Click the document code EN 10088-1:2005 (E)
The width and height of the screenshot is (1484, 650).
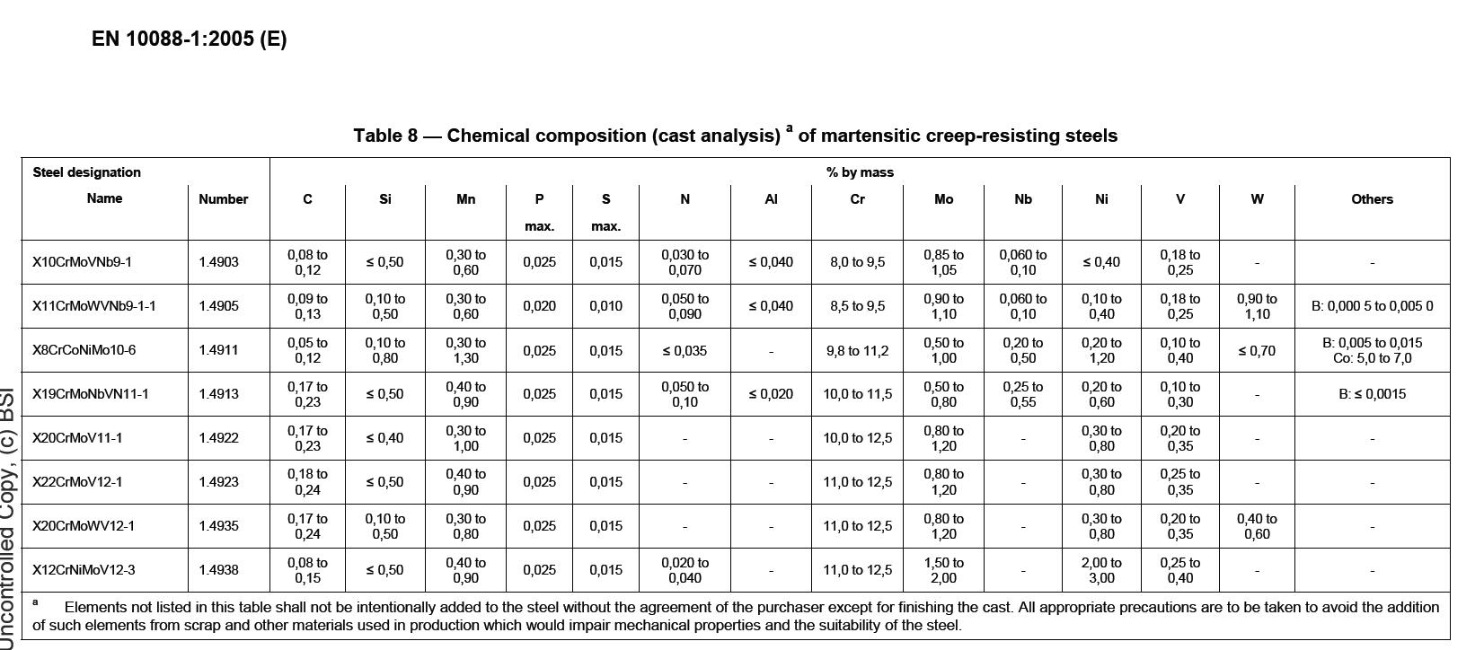point(189,39)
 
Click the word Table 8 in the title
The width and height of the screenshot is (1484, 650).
point(385,136)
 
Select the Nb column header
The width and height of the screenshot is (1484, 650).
point(1022,199)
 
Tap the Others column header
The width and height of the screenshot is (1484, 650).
point(1372,199)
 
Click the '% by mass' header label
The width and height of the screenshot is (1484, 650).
point(860,172)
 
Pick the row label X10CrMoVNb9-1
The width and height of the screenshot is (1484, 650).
point(83,262)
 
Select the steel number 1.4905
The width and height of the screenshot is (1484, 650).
point(219,306)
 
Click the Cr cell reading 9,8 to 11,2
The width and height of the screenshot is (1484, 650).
point(857,350)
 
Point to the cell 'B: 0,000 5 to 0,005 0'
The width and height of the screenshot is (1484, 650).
point(1372,306)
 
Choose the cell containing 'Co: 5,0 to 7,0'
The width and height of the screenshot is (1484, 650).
point(1372,358)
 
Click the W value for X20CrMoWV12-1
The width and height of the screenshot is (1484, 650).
point(1256,526)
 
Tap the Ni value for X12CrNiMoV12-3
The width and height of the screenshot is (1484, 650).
point(1101,570)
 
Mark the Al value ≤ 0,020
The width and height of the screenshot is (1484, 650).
point(771,394)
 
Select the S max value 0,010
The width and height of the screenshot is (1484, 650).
point(605,306)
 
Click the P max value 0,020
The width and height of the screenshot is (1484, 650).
point(539,306)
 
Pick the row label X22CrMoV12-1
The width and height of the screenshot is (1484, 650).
point(77,482)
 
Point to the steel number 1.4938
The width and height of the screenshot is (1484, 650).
point(219,570)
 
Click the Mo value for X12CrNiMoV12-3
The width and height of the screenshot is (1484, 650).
point(943,570)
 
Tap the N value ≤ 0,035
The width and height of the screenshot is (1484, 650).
point(685,350)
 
